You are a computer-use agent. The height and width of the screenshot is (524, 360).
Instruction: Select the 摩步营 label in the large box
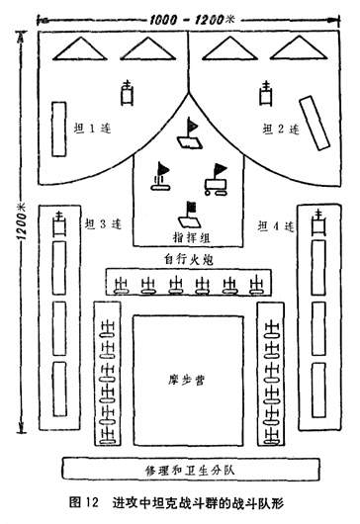pyautogui.click(x=186, y=378)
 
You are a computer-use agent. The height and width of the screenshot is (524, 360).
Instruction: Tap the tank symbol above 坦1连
pyautogui.click(x=127, y=95)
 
